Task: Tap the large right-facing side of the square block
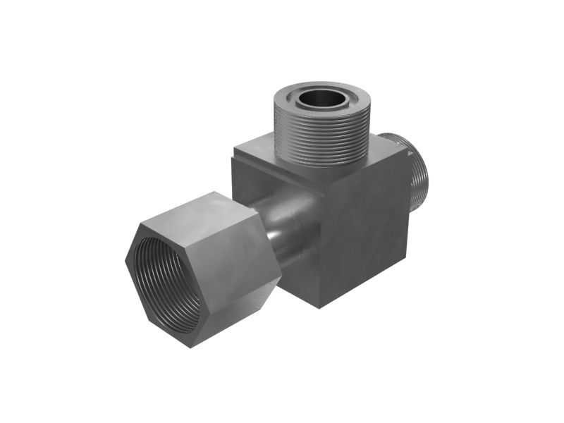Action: (367, 233)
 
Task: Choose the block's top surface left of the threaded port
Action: (257, 152)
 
